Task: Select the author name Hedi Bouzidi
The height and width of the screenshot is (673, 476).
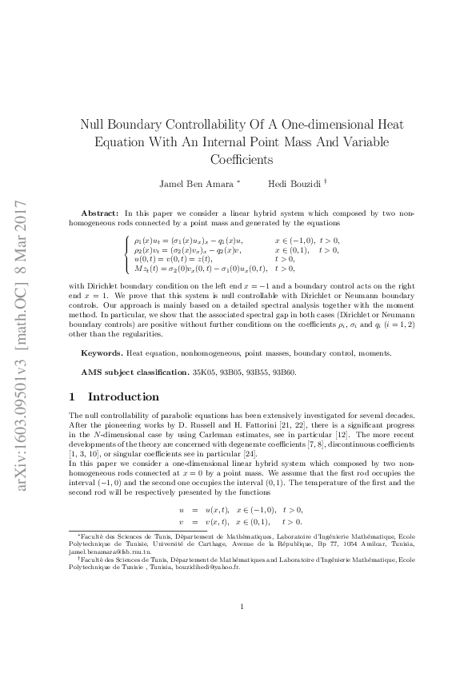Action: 292,184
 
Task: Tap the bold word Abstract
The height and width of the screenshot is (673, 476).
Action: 100,213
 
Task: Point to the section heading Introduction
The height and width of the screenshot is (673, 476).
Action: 123,396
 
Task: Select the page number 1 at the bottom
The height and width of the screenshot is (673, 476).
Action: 242,629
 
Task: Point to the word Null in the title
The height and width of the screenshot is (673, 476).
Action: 93,125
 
